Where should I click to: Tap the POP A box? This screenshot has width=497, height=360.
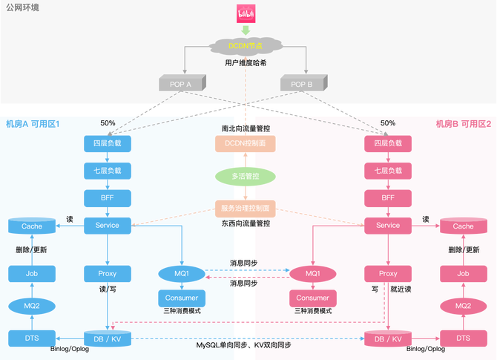(180, 85)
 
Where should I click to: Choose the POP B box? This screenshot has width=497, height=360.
(301, 85)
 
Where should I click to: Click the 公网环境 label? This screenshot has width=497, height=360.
(23, 7)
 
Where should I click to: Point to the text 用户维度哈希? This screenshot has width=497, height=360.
(246, 64)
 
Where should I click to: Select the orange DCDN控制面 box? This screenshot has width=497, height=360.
(246, 143)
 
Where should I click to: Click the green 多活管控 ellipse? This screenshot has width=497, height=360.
(246, 176)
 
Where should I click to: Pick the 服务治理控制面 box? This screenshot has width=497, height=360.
(246, 208)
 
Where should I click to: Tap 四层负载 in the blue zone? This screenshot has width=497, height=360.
(108, 143)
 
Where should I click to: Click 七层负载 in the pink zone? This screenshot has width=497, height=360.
(388, 171)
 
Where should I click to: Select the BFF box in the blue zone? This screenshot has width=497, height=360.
(108, 198)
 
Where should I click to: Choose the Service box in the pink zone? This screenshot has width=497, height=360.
(388, 225)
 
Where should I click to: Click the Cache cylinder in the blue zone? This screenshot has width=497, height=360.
(32, 226)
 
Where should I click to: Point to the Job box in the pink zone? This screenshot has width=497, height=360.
(463, 273)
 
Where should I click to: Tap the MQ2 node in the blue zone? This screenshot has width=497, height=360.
(32, 306)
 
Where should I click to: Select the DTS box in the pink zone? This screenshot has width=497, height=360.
(463, 338)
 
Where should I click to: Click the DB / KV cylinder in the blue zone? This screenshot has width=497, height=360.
(108, 338)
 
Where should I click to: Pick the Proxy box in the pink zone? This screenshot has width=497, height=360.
(388, 273)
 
